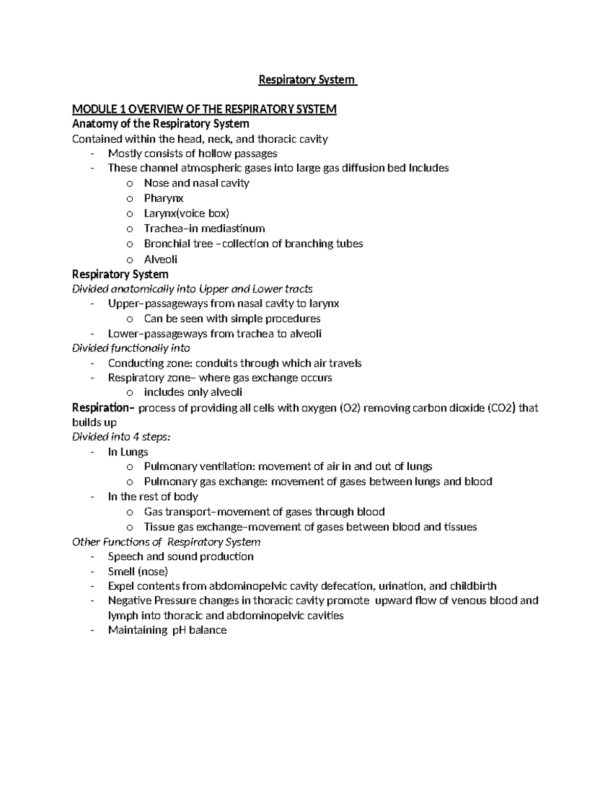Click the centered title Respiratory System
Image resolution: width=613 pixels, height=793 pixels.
tap(306, 80)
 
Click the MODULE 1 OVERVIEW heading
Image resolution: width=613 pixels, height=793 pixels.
tap(204, 109)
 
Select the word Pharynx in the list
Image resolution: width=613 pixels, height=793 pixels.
tap(163, 198)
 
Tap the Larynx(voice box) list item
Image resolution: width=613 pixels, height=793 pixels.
tap(186, 213)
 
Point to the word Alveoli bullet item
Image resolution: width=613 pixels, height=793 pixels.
tap(160, 259)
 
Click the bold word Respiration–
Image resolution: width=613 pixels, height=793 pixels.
tap(104, 408)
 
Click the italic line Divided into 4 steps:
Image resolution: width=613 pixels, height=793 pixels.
tap(121, 437)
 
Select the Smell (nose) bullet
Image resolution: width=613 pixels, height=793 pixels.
tap(138, 571)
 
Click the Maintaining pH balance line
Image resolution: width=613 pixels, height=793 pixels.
tap(167, 630)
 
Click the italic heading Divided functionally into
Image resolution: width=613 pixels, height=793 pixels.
tap(131, 348)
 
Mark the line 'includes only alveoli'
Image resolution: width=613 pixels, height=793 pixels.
tap(193, 393)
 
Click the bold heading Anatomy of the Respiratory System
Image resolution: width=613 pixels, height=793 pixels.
tap(160, 124)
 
